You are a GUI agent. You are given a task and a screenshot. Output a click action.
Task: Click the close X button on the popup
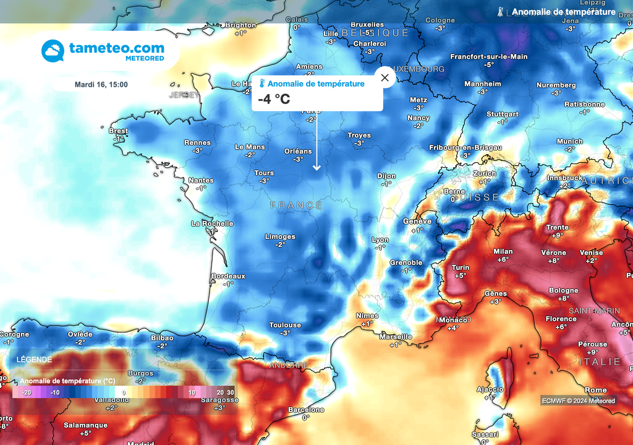385,78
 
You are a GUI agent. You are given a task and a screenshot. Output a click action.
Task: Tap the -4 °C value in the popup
274,99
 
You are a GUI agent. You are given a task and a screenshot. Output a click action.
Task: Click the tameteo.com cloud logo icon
53,51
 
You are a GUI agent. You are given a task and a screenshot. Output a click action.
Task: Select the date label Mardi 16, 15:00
101,84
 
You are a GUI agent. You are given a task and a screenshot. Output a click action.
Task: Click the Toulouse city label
285,325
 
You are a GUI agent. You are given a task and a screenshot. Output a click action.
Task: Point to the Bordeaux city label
228,276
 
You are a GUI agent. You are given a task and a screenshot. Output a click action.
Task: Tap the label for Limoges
280,236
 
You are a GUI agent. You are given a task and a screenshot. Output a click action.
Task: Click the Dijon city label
386,176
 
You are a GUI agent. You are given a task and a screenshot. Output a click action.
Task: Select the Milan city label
503,251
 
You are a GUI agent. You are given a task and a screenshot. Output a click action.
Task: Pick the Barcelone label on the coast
306,410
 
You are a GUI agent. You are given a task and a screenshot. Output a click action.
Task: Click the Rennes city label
197,142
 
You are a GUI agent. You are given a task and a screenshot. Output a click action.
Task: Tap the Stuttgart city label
503,114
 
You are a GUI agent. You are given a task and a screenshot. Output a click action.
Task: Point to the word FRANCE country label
296,205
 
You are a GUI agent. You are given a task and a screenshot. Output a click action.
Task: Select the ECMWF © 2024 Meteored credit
579,400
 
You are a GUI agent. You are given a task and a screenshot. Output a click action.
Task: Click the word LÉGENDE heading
35,359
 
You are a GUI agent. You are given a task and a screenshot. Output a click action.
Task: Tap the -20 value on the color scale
27,392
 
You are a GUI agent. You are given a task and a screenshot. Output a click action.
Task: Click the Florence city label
561,319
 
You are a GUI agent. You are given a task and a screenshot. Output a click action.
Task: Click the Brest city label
118,131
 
